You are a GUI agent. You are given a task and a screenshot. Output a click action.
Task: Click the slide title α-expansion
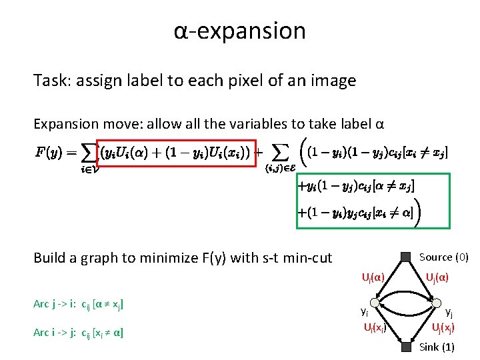coord(239,31)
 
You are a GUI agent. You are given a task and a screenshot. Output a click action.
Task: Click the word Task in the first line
coord(49,81)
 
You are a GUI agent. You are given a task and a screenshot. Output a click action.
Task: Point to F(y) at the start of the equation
coord(51,153)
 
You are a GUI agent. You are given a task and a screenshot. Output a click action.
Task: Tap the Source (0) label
coord(443,257)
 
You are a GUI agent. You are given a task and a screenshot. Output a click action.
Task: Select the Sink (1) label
coord(437,347)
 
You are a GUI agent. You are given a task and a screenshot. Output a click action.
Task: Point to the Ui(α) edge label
coord(373,276)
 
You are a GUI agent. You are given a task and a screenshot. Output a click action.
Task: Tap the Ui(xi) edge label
coord(374,327)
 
